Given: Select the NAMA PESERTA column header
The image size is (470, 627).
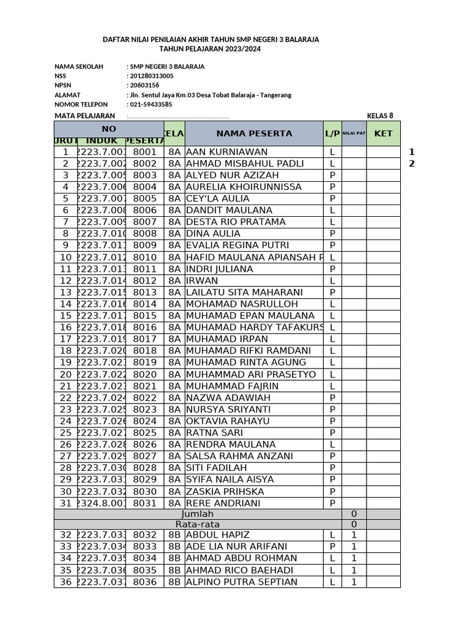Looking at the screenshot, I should pyautogui.click(x=253, y=133).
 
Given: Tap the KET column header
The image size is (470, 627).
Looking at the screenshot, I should pyautogui.click(x=383, y=133).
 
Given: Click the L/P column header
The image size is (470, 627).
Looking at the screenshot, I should pyautogui.click(x=332, y=133).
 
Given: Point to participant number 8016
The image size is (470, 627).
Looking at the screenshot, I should pyautogui.click(x=144, y=328).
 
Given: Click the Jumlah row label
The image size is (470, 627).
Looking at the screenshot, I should pyautogui.click(x=195, y=514).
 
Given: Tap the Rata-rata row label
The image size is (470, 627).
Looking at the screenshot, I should pyautogui.click(x=195, y=525).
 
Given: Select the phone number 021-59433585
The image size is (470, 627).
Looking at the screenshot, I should pyautogui.click(x=151, y=104).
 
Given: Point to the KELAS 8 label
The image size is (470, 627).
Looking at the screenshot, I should pyautogui.click(x=379, y=115).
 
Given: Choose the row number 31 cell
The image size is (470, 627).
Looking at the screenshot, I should pyautogui.click(x=65, y=503).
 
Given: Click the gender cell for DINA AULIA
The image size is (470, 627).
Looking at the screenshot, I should pyautogui.click(x=332, y=234).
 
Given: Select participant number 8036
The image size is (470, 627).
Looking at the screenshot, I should pyautogui.click(x=144, y=582).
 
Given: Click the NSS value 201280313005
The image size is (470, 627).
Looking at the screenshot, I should pyautogui.click(x=151, y=76).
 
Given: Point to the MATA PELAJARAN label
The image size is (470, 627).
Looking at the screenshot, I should pyautogui.click(x=84, y=115).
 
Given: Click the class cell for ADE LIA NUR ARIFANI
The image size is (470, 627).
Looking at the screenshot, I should pyautogui.click(x=174, y=547).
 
